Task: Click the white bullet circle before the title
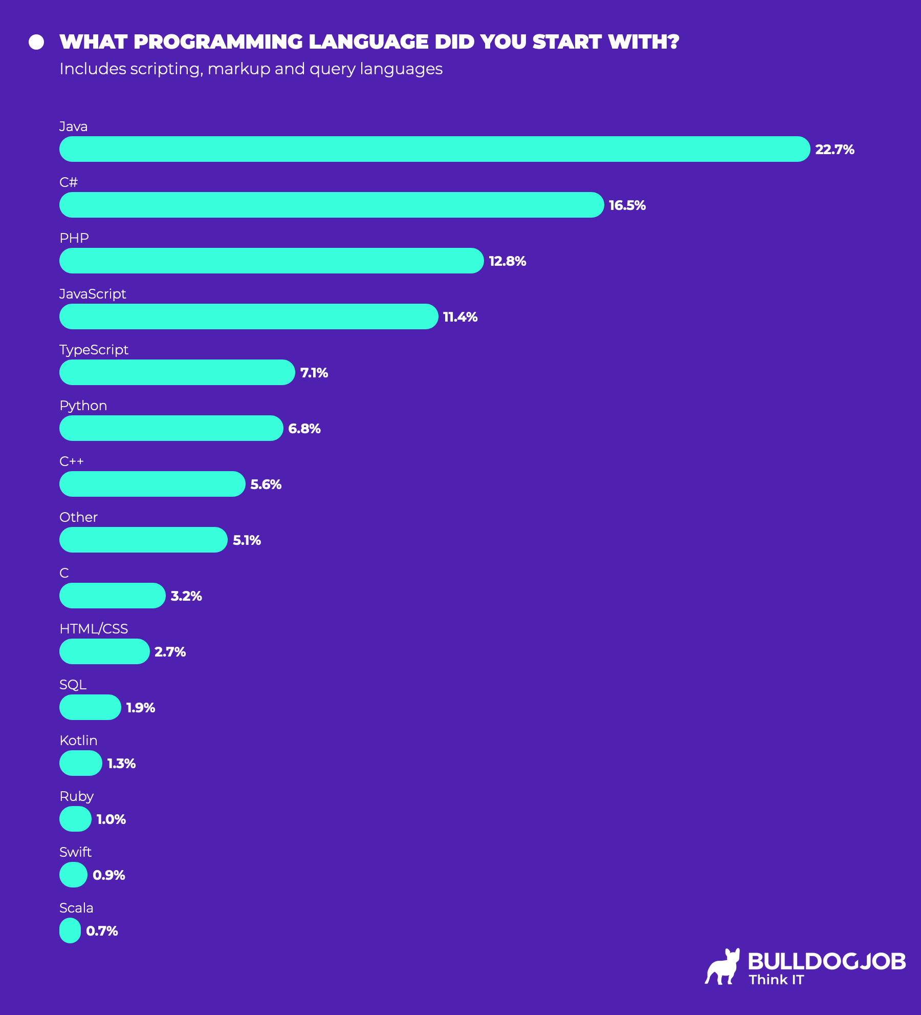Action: [x=36, y=42]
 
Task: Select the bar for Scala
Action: [x=70, y=931]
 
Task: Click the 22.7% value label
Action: [x=835, y=150]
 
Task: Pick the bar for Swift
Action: [x=73, y=875]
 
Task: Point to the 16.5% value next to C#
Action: [x=627, y=205]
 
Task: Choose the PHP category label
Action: [x=74, y=238]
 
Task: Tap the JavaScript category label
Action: [x=93, y=294]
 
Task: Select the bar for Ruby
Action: [x=75, y=819]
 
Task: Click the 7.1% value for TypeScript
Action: [x=314, y=373]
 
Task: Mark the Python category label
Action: [x=83, y=406]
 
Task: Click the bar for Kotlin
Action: [x=81, y=763]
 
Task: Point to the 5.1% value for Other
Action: [x=247, y=540]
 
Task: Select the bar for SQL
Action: [x=90, y=707]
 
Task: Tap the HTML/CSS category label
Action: [x=94, y=629]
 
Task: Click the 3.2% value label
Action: [x=186, y=596]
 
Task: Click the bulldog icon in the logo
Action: [x=723, y=967]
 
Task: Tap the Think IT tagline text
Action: [x=776, y=980]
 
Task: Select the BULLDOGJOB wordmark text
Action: [x=826, y=961]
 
